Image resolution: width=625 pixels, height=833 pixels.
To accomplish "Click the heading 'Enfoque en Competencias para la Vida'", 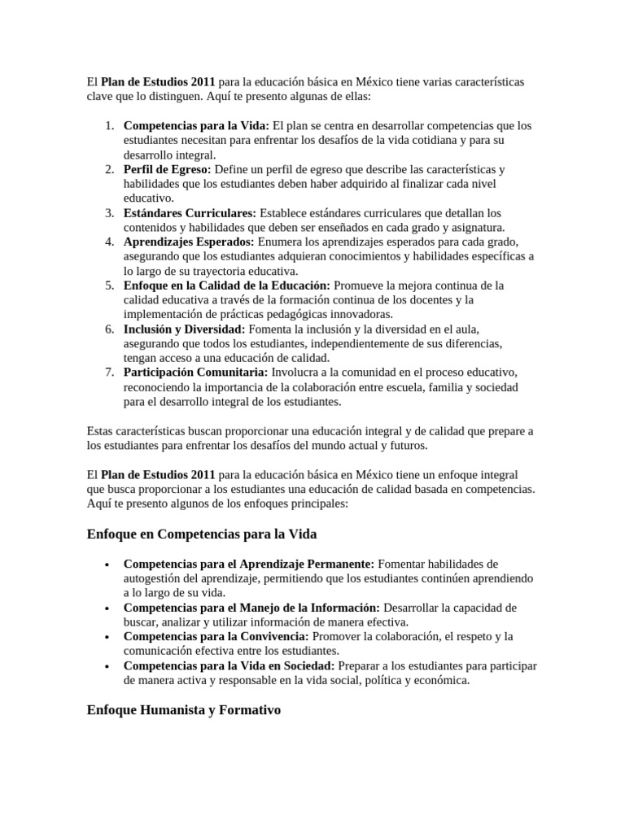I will point(201,534).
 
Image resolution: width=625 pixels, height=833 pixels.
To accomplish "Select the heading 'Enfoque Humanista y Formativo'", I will point(183,710).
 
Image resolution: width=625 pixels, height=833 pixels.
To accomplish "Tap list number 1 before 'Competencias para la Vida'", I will point(109,126).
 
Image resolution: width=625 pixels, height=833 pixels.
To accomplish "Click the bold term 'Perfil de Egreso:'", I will point(167,169).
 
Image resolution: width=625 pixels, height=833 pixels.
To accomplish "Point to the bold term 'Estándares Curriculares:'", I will point(190,213).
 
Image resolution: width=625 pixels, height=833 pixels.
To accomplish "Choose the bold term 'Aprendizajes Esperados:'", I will point(189,242).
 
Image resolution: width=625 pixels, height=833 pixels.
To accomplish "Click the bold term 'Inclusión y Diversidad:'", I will point(184,329).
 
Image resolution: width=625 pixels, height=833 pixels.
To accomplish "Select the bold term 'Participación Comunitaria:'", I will point(195,373).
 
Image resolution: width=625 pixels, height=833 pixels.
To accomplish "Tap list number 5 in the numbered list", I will point(109,286).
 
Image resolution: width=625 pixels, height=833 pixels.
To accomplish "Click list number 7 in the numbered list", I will point(109,373).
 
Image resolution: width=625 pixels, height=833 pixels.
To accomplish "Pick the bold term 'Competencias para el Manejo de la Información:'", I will point(251,608).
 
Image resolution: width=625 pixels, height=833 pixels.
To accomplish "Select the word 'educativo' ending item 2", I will point(147,198).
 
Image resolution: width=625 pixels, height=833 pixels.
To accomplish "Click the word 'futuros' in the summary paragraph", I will point(404,446).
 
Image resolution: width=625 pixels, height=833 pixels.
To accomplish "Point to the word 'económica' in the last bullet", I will point(442,681).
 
